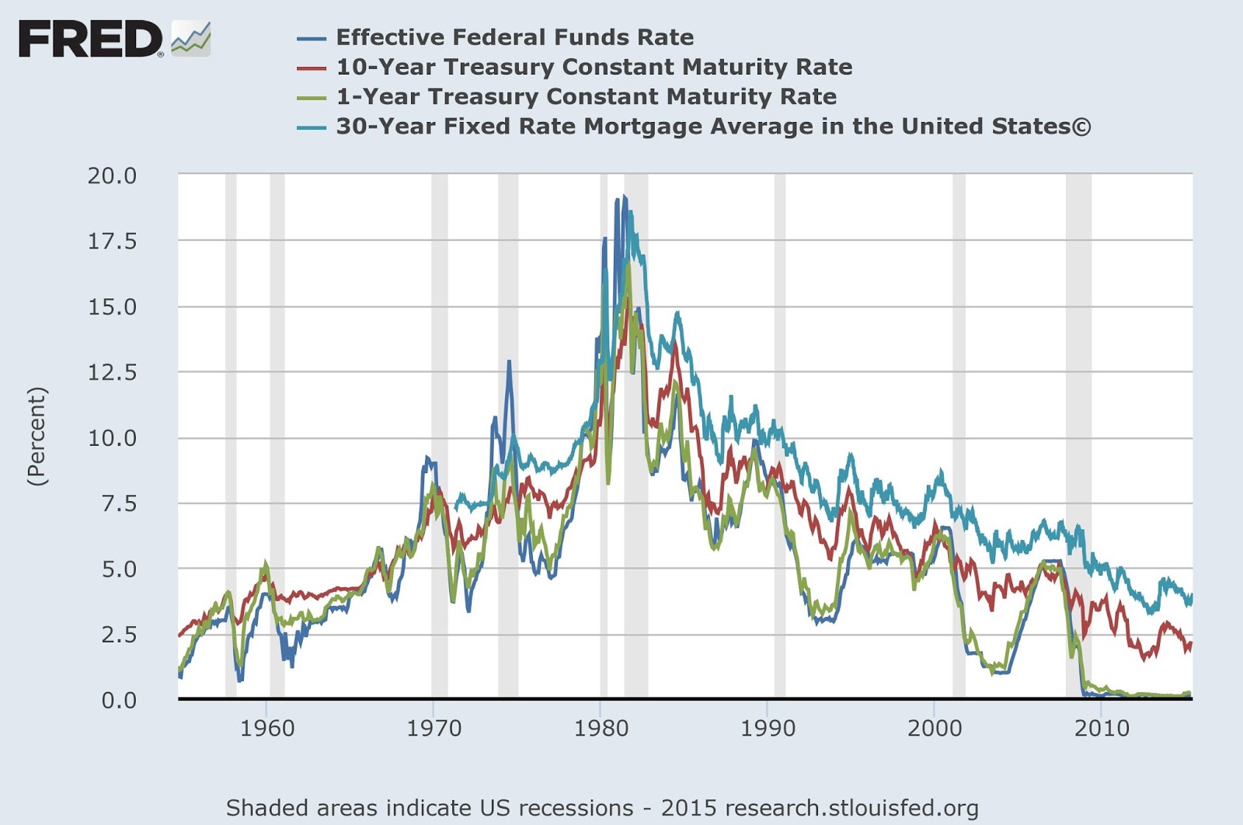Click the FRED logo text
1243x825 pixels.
click(90, 39)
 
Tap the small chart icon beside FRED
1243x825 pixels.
click(191, 39)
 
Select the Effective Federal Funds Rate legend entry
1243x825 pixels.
click(514, 37)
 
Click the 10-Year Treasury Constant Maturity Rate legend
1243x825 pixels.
click(594, 67)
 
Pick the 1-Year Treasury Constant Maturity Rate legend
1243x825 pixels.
click(586, 96)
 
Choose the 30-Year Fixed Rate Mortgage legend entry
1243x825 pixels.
click(712, 126)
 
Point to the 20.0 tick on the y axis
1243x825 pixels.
click(112, 176)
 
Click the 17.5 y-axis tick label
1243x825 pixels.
click(112, 241)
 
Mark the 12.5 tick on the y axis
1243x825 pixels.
click(112, 372)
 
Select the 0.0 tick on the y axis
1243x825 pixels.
click(118, 700)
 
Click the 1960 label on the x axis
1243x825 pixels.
click(266, 728)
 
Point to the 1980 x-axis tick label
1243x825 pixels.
click(601, 728)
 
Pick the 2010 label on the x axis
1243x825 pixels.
click(1101, 728)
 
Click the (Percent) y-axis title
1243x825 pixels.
click(37, 437)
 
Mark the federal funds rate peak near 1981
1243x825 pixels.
click(624, 197)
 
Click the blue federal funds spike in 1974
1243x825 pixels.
click(509, 362)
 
